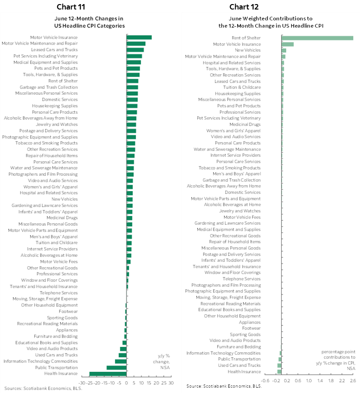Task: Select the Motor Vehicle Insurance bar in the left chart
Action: point(139,38)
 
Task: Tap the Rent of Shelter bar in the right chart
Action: point(317,38)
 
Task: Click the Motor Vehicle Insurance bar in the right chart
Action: point(287,44)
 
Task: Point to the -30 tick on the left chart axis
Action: point(82,383)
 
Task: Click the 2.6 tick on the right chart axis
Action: point(353,380)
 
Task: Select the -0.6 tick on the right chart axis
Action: point(266,380)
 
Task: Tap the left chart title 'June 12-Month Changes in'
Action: point(89,19)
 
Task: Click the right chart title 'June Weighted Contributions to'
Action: point(271,19)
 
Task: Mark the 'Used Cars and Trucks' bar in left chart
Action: point(122,355)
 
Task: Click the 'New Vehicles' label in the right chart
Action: point(248,50)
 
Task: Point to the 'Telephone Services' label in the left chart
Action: point(58,293)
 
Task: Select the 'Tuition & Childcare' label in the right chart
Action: point(242,87)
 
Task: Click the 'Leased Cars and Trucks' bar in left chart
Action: point(135,50)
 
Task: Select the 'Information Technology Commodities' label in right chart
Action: point(223,353)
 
